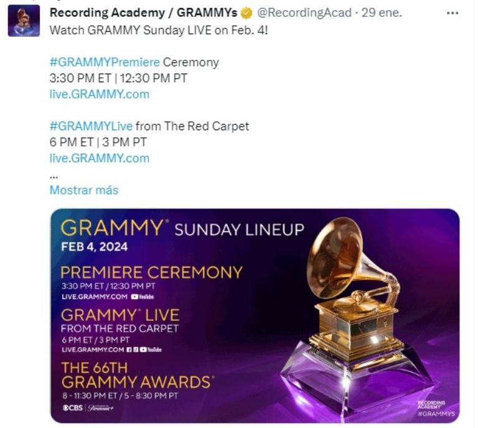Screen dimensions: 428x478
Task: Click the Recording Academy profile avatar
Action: [x=24, y=21]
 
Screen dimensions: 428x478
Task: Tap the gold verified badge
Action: [x=246, y=13]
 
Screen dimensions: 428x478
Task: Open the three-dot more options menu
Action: [x=452, y=13]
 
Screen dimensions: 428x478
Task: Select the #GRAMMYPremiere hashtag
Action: [x=105, y=62]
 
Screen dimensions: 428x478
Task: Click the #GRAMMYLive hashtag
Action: [x=91, y=126]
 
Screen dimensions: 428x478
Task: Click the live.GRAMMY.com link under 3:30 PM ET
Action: [x=99, y=94]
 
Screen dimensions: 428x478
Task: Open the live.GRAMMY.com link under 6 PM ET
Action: [x=99, y=158]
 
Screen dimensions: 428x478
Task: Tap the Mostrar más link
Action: [x=83, y=190]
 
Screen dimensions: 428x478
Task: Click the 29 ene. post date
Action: [x=381, y=13]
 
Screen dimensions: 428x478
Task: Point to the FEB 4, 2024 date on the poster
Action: [x=94, y=247]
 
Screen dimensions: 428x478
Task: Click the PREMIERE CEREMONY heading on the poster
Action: [x=151, y=273]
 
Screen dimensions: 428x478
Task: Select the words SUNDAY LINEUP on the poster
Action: [x=239, y=230]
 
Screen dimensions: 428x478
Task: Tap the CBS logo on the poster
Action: [x=72, y=407]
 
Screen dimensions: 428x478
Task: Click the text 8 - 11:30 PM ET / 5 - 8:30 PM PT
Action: [x=119, y=396]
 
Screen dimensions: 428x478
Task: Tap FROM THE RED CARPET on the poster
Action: [x=119, y=328]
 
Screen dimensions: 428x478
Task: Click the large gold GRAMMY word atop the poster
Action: [x=112, y=228]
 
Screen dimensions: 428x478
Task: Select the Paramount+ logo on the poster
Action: [x=101, y=407]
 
